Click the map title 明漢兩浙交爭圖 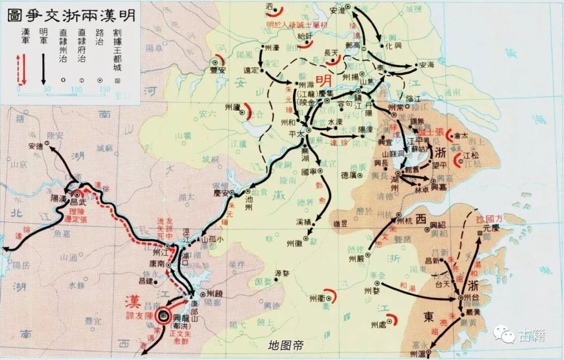71,15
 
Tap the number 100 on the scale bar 76,90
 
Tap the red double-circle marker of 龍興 162,315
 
